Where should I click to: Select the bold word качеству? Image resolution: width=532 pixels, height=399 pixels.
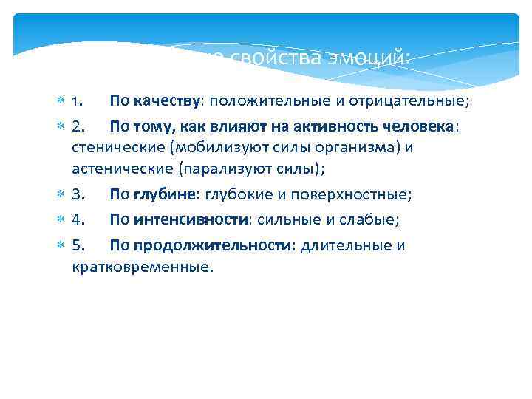point(166,99)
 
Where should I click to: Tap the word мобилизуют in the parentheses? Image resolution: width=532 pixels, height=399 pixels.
point(224,147)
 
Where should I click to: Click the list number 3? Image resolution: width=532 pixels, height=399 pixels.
point(80,194)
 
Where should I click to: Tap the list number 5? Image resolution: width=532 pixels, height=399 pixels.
point(80,246)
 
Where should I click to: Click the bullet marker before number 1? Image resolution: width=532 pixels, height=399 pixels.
point(61,99)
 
